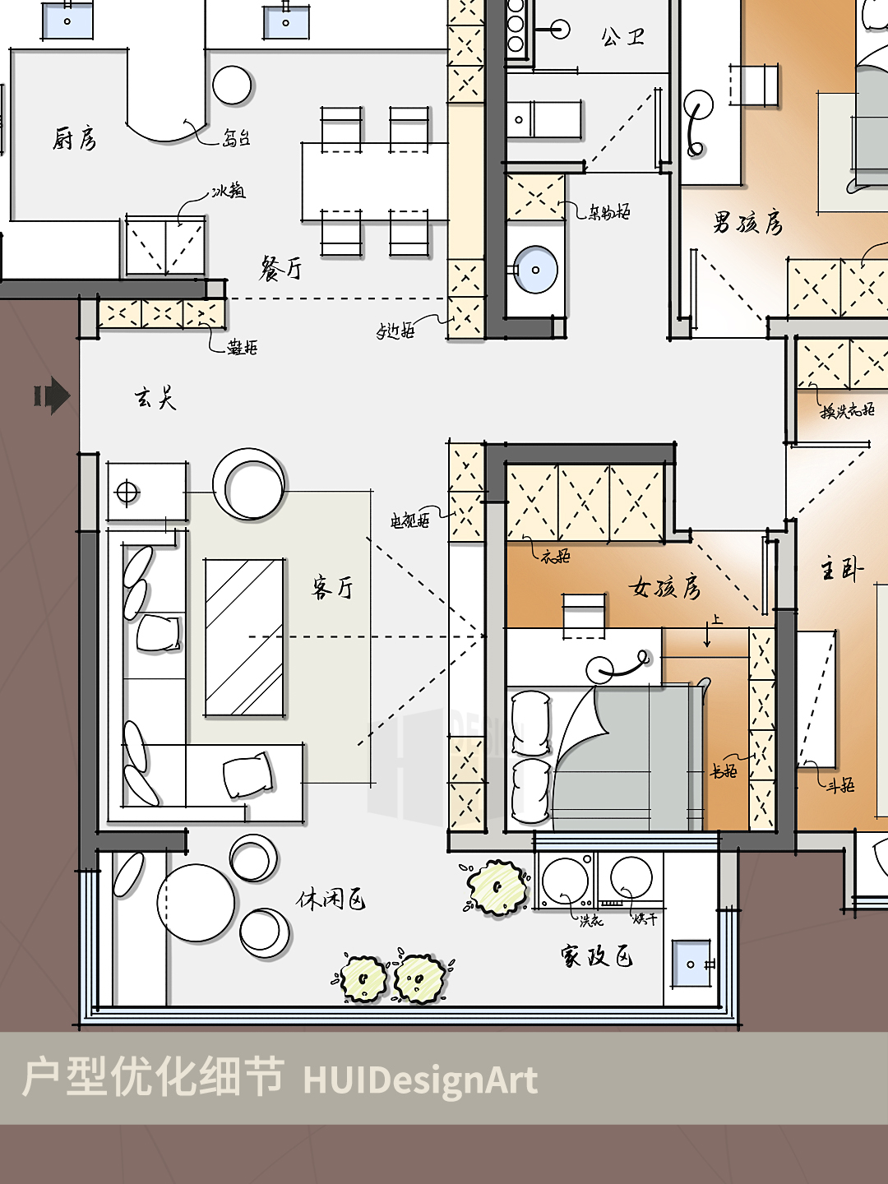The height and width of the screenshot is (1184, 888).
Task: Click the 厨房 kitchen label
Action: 75,139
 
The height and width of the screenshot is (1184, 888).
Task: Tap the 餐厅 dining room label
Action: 281,268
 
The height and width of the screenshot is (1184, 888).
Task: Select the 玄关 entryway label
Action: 155,399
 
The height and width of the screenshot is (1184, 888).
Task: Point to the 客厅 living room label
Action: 333,587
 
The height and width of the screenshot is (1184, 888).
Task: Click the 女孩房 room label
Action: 665,587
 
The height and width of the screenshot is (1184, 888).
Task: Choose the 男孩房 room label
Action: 747,223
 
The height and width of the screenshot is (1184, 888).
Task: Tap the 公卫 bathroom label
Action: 622,37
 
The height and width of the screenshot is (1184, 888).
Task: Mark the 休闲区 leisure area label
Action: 331,900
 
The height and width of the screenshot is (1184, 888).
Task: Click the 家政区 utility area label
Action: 597,955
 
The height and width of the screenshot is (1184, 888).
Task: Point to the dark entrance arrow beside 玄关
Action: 53,396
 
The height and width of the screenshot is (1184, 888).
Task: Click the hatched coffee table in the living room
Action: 244,638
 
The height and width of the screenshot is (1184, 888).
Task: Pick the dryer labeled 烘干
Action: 631,880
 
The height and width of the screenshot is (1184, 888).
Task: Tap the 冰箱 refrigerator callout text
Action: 228,191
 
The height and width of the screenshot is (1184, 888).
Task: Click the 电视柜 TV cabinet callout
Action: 409,520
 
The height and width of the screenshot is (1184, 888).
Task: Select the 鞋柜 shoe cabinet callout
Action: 243,348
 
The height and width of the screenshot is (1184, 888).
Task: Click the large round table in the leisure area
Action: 196,903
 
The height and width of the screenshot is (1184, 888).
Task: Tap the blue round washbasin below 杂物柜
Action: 535,270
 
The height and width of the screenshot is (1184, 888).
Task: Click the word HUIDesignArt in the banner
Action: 420,1080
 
